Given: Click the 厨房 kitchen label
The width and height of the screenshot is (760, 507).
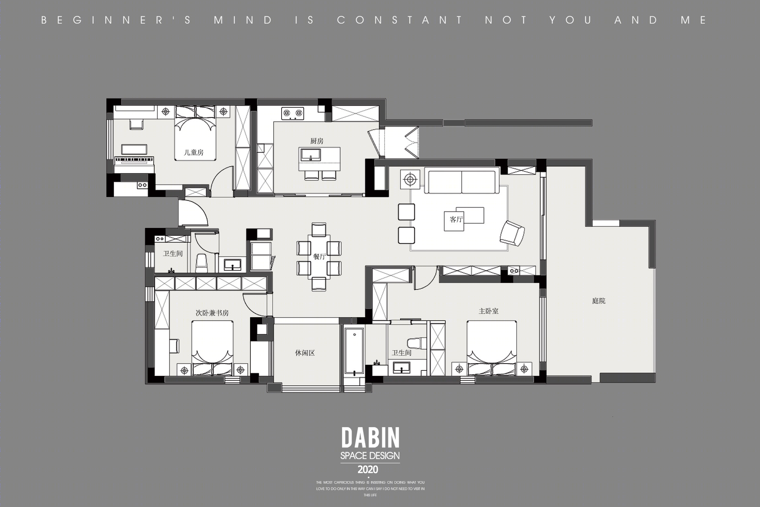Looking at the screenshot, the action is [x=317, y=141].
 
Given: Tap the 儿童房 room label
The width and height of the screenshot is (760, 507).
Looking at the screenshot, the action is [x=194, y=153].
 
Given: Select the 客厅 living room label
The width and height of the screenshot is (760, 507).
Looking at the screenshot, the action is [x=456, y=219].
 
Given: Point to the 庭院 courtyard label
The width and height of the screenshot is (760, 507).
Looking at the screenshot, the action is [x=598, y=301].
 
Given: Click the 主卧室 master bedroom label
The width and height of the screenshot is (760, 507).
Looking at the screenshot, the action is [x=488, y=311].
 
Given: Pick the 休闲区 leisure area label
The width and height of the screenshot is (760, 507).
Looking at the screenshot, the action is [x=305, y=353].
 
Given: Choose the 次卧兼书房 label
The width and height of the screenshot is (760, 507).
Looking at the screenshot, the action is [x=212, y=313].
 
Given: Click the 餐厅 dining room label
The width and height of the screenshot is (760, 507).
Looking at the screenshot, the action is [x=319, y=257].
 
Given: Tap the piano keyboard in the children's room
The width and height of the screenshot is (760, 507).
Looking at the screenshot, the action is [x=135, y=160].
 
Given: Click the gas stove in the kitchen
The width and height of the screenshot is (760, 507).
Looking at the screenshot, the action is [x=293, y=113].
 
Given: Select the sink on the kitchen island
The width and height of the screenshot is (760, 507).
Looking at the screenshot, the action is [x=311, y=155].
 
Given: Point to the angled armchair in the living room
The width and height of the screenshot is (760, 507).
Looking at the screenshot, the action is [x=512, y=233].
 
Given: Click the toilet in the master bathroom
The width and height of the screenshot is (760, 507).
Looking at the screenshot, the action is [x=414, y=343].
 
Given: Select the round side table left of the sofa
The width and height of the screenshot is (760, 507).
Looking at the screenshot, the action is [x=410, y=179].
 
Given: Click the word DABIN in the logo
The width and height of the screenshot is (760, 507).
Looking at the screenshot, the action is [x=370, y=438].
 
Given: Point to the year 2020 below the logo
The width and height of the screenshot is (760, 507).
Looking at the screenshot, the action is [x=368, y=469].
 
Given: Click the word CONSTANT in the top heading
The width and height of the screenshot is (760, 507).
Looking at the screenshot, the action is [x=400, y=20].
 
